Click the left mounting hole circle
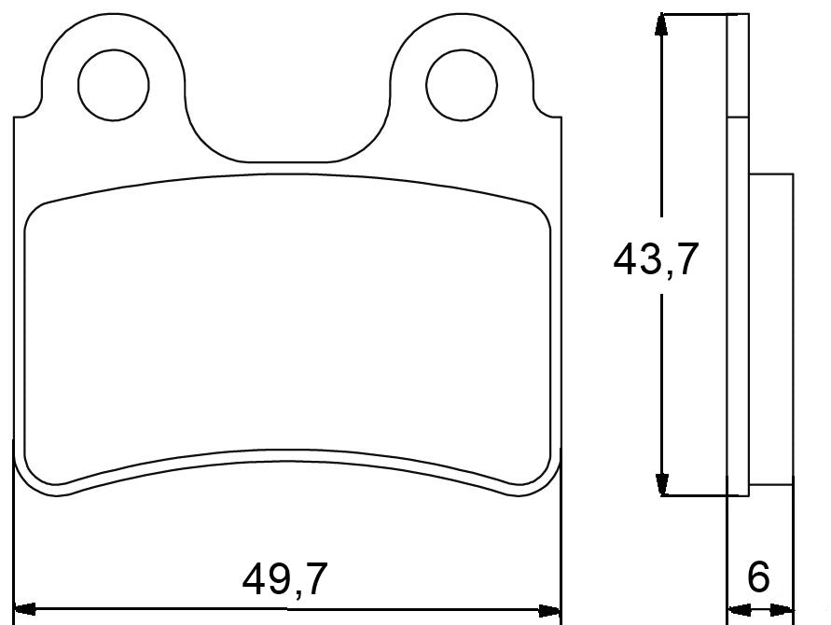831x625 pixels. point(114,84)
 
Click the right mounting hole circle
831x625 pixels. point(462,84)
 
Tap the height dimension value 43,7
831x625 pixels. point(656,260)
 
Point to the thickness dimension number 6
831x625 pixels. point(759,578)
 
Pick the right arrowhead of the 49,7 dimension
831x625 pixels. point(550,610)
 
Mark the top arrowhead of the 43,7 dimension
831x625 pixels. point(661,24)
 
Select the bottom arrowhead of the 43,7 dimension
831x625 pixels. point(661,484)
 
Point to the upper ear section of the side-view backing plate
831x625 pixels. point(737,65)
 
